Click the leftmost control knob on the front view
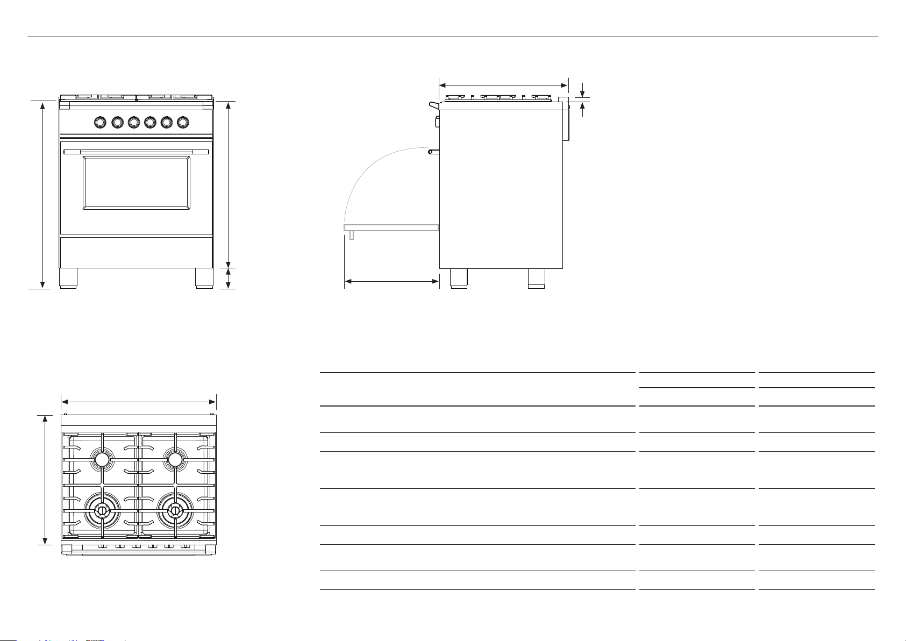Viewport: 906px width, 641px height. [x=100, y=123]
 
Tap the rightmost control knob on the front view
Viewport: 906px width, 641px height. [x=183, y=123]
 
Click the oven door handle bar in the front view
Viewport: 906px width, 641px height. [x=136, y=152]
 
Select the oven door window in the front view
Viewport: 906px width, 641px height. [x=137, y=183]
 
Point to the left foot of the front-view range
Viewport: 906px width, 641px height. [x=68, y=278]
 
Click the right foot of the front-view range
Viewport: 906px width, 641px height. [x=204, y=278]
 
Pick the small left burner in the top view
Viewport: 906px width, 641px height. [x=102, y=459]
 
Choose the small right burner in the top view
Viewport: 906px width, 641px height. [x=175, y=459]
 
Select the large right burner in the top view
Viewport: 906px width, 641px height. [x=174, y=510]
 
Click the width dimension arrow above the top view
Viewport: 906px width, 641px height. [x=139, y=401]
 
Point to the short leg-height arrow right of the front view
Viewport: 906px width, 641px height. [x=229, y=278]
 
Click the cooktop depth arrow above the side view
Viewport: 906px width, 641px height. [x=503, y=84]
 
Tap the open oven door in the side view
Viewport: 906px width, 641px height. [x=391, y=228]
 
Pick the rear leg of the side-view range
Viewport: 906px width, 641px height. [x=537, y=278]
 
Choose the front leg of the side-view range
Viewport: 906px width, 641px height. [x=458, y=278]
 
